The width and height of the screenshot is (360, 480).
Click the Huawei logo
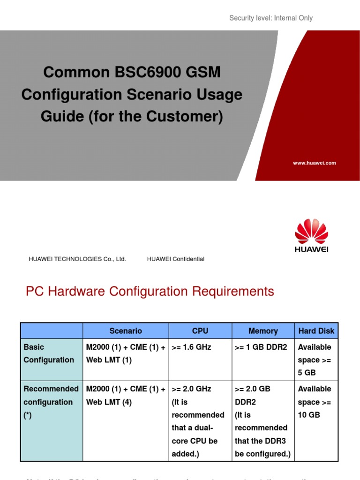coord(311,235)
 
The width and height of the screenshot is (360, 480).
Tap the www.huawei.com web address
coord(314,163)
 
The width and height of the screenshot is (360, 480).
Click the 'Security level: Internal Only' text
coord(270,18)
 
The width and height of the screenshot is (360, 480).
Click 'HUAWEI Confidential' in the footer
coord(175,259)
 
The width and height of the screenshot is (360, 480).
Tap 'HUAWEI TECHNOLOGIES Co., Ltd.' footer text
coord(77,259)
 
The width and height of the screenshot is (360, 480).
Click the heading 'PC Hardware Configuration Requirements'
coord(150,292)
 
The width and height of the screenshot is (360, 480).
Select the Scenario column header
coord(126,331)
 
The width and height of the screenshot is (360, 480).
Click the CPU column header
coord(200,331)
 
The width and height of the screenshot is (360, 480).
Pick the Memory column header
coord(263,331)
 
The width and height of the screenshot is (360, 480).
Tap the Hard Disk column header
coord(316,331)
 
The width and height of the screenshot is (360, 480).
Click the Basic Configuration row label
coord(48,353)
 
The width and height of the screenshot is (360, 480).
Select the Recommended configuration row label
coord(51,402)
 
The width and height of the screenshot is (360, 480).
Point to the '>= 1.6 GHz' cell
coord(192,347)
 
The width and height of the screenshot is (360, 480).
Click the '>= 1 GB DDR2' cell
coord(261,347)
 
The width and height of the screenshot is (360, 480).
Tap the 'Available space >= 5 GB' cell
coord(315,360)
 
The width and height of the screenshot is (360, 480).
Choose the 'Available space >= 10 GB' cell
coord(315,402)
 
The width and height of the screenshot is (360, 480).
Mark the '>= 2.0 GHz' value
coord(192,389)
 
